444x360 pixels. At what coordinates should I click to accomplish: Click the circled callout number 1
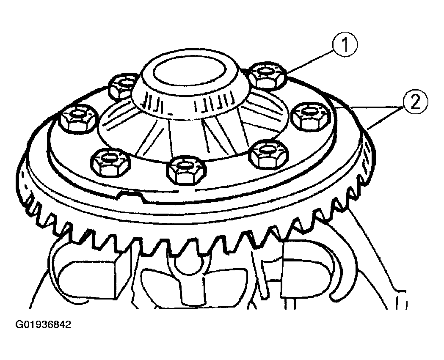point(345,45)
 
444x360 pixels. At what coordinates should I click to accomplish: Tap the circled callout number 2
point(415,102)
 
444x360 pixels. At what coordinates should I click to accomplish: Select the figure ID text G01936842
point(43,324)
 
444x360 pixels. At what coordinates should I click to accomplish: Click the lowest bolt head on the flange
point(186,170)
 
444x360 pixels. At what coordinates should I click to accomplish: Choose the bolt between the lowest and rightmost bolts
point(268,154)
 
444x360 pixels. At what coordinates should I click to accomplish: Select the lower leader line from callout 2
point(386,118)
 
